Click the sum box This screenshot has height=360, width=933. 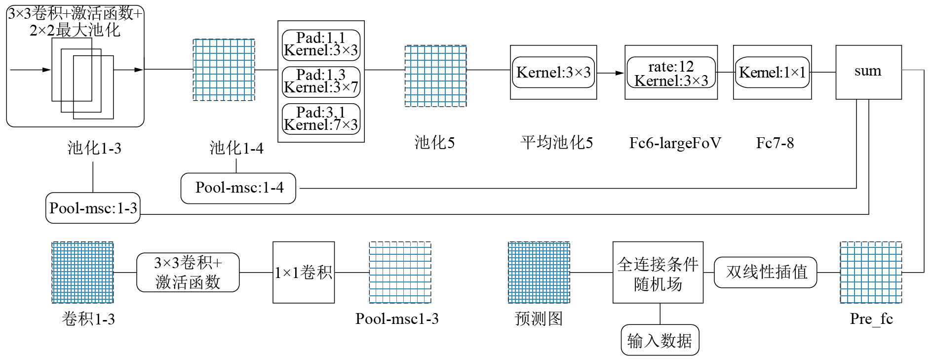coord(868,72)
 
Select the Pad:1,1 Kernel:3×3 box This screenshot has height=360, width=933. coord(321,44)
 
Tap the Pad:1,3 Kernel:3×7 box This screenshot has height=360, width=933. coord(321,81)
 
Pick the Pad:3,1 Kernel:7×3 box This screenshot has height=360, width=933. coord(321,119)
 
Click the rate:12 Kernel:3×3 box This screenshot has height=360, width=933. coord(671,73)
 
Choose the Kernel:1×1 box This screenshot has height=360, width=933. coord(772,73)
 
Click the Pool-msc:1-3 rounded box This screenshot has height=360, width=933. coord(93,208)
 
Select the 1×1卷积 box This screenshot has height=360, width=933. coord(304,272)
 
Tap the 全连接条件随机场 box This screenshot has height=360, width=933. coord(658,272)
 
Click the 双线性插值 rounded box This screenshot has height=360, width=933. coord(766,272)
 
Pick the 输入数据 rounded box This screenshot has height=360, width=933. coord(660,340)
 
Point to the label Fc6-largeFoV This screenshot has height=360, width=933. coord(675,143)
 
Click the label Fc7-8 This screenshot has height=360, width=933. coord(775,143)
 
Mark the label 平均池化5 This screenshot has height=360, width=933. coord(556,143)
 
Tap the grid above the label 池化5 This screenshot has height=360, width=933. coord(435,76)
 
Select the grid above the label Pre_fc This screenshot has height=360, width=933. coord(871,272)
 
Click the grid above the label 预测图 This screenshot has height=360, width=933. coord(539,272)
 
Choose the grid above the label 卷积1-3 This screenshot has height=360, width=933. coord(82,272)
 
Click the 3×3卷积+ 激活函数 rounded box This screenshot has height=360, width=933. coord(188,272)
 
